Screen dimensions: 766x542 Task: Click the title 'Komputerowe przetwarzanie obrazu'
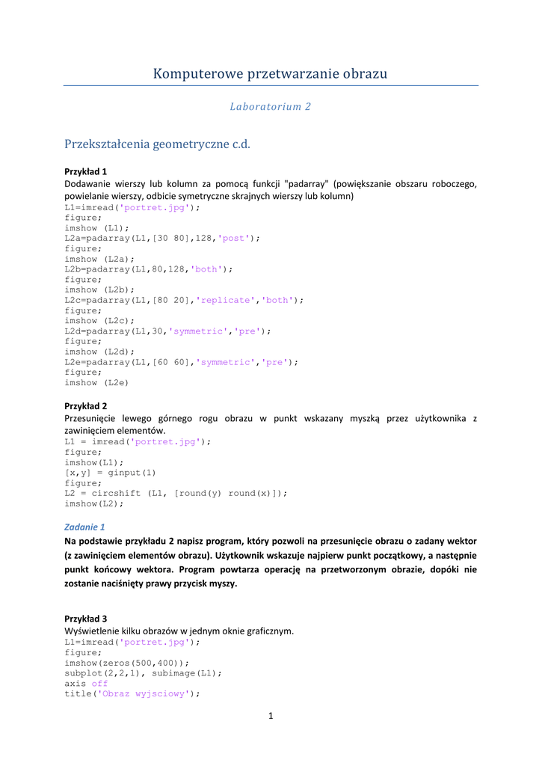point(270,73)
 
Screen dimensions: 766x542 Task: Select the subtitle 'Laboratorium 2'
point(270,107)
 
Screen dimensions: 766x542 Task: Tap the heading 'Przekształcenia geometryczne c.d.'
point(157,144)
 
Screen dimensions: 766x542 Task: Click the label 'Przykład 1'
point(86,171)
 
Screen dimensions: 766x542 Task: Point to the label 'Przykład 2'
point(86,406)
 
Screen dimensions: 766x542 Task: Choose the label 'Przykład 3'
point(86,619)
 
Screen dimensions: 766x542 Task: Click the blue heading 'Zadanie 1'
point(84,527)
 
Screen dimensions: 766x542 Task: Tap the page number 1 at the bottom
point(271,717)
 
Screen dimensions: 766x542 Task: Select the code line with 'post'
point(162,238)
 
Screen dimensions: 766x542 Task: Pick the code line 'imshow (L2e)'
point(96,382)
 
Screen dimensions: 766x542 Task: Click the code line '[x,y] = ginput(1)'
point(111,473)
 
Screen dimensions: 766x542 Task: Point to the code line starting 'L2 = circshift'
point(176,494)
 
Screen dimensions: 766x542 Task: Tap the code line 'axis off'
point(86,683)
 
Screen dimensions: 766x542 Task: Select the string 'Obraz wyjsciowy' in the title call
point(146,693)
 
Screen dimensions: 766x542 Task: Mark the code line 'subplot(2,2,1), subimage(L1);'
point(144,672)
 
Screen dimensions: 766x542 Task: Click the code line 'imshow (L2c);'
point(99,320)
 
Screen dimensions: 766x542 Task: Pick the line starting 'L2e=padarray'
point(181,362)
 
